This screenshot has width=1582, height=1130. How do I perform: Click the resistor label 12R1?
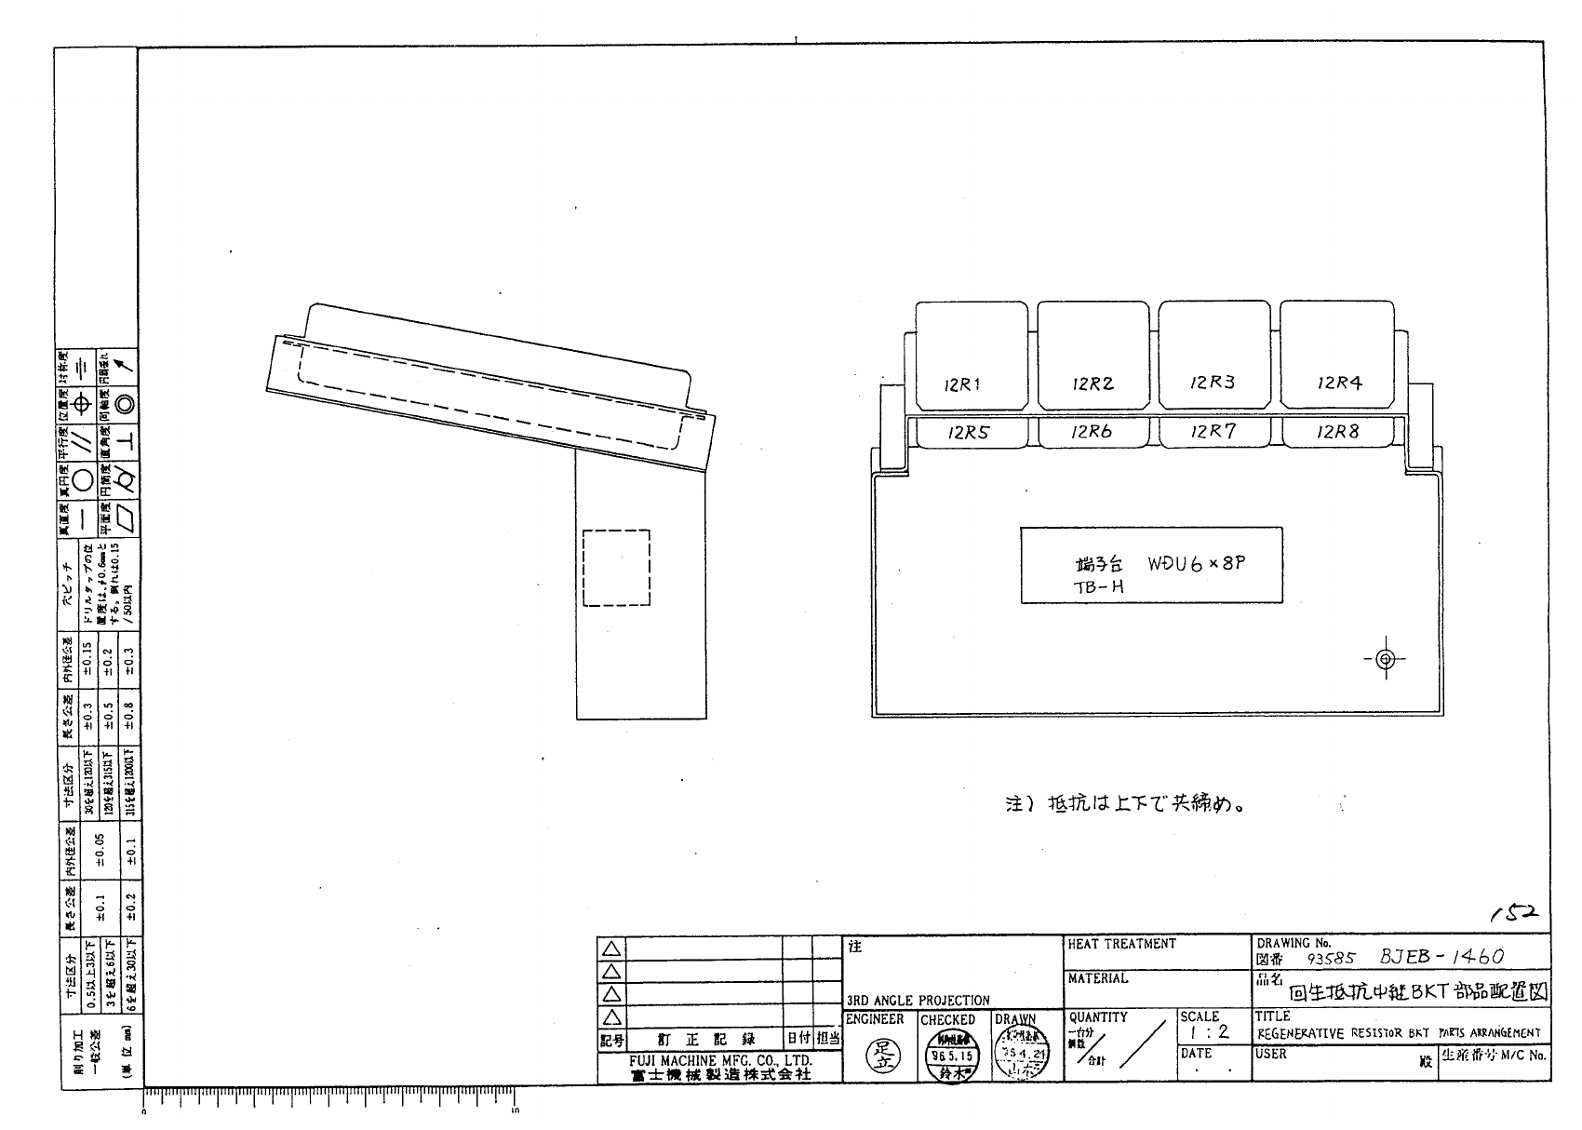[x=962, y=384]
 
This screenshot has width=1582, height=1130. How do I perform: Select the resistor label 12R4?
[x=1340, y=383]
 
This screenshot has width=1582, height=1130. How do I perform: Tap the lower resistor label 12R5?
[x=969, y=433]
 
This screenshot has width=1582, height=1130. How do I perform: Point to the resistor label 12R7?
[x=1213, y=431]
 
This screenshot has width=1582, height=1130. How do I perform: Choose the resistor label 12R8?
[x=1338, y=431]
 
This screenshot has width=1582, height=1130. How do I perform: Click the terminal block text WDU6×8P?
[x=1196, y=564]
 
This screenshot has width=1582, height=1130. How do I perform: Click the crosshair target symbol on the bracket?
[x=1385, y=659]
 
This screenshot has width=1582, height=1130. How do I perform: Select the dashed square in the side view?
[x=616, y=568]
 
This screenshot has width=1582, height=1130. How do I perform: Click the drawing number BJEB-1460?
[x=1442, y=956]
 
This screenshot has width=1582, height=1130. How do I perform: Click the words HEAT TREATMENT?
[x=1121, y=944]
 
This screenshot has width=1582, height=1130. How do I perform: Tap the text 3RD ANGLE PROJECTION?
[x=918, y=1001]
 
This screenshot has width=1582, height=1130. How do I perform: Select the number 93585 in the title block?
[x=1332, y=958]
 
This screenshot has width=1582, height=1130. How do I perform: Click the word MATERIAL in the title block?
[x=1098, y=978]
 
